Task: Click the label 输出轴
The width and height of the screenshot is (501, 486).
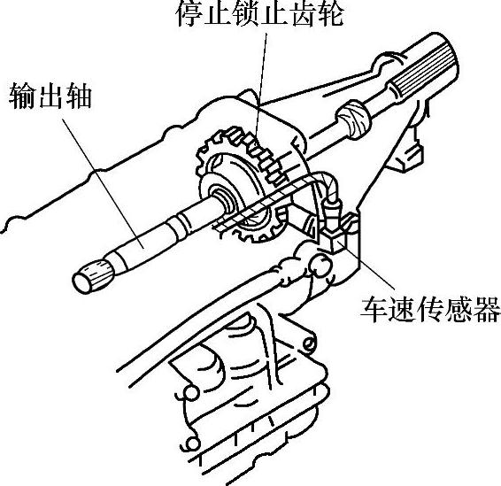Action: pyautogui.click(x=50, y=96)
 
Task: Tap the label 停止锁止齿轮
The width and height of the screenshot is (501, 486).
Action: pyautogui.click(x=260, y=13)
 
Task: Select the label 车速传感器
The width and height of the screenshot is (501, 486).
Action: pyautogui.click(x=430, y=309)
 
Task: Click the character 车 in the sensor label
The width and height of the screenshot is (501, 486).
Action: pyautogui.click(x=374, y=309)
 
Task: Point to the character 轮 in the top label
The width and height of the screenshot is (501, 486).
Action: pyautogui.click(x=331, y=13)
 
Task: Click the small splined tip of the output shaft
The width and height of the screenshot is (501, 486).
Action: pyautogui.click(x=93, y=276)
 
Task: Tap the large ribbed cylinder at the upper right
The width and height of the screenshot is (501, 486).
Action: pyautogui.click(x=425, y=66)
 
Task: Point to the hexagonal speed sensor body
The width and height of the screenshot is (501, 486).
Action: pyautogui.click(x=332, y=236)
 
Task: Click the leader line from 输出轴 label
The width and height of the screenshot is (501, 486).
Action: pyautogui.click(x=103, y=183)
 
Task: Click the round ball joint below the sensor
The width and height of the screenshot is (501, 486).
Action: pyautogui.click(x=320, y=265)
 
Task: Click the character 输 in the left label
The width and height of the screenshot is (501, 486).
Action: pyautogui.click(x=22, y=96)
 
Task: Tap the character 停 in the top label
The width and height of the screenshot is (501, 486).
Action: pyautogui.click(x=189, y=13)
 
